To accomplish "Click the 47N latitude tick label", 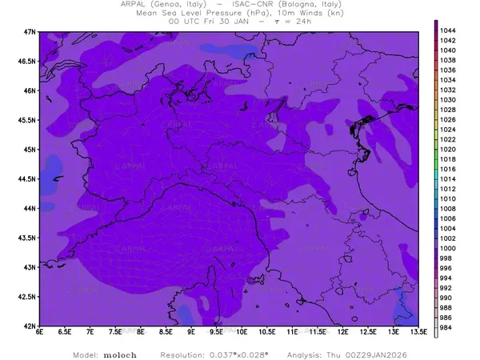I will point(30,31).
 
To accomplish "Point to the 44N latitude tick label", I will point(30,208).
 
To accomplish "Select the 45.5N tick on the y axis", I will point(28,120).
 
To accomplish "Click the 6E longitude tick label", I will point(40,333).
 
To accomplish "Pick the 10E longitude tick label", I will point(242,333).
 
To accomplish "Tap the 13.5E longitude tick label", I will point(417,333).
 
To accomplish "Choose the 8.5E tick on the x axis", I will point(166,333).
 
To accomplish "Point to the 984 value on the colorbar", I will point(446,327).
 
